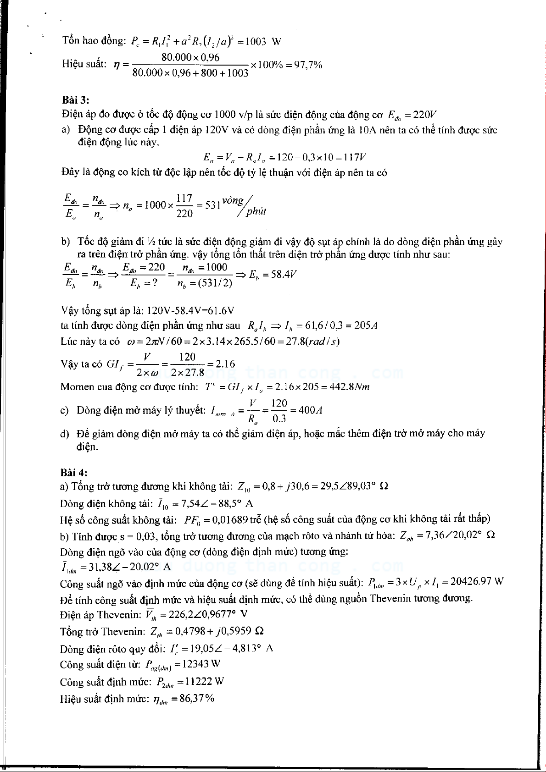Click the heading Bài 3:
(x=75, y=99)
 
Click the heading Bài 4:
(x=74, y=472)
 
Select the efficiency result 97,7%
(x=308, y=65)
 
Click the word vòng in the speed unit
(x=233, y=200)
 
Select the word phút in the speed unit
(x=256, y=212)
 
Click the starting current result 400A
(x=310, y=410)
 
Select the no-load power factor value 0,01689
(x=229, y=519)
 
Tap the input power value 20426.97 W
(x=477, y=582)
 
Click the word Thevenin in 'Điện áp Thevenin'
(x=119, y=614)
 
